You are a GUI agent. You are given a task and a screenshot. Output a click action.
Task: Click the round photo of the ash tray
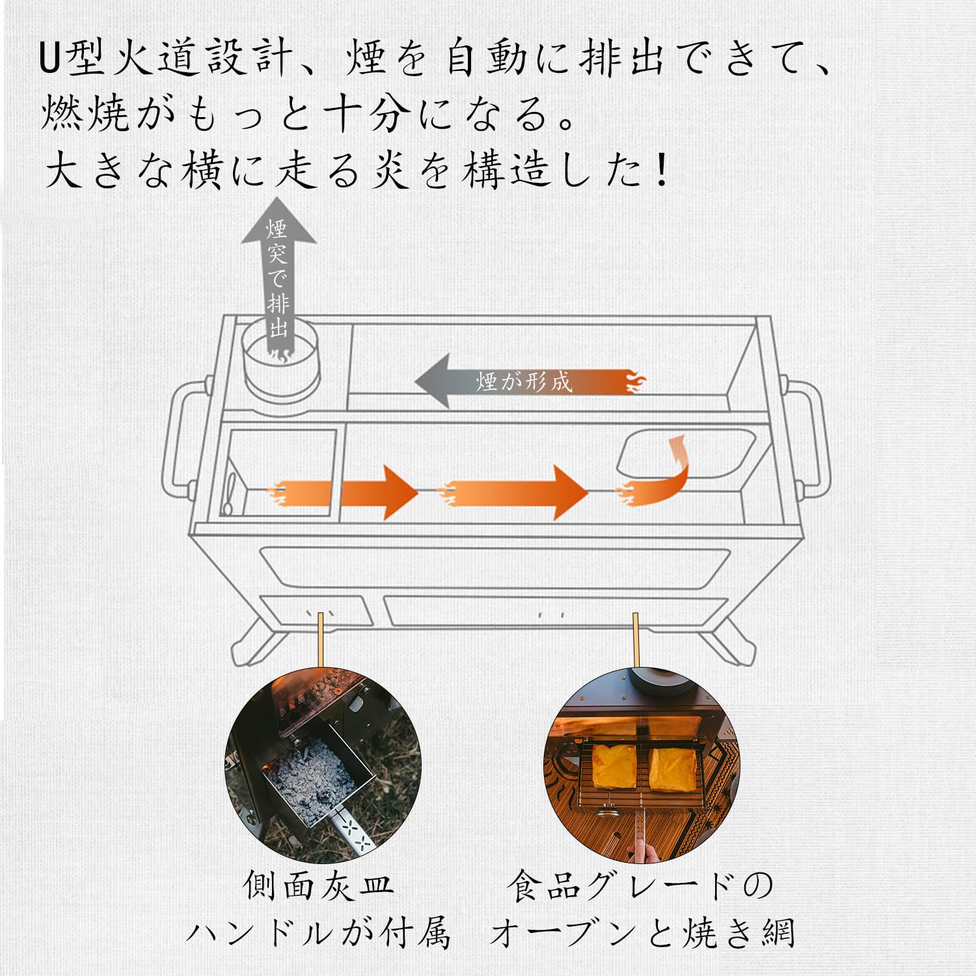(323, 765)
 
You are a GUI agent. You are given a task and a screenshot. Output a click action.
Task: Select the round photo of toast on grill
(641, 765)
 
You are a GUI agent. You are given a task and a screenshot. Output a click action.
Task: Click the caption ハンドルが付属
(319, 934)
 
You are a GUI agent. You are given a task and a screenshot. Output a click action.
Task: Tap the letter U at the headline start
(50, 59)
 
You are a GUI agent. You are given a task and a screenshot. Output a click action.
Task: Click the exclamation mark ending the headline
(662, 170)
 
